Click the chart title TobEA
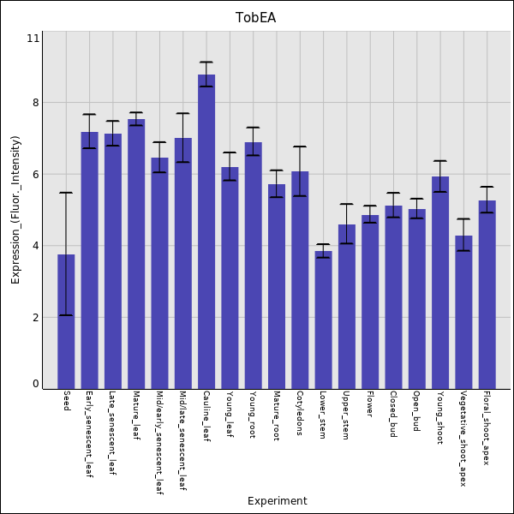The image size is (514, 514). (x=256, y=18)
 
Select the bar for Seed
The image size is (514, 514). (x=66, y=321)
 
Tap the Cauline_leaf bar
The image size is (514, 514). (x=206, y=231)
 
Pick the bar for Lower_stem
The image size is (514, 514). (x=323, y=320)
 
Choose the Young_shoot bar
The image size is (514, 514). (x=440, y=283)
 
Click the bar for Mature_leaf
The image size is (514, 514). (x=136, y=254)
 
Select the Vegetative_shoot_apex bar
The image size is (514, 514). (x=463, y=312)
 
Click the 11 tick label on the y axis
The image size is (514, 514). (x=33, y=39)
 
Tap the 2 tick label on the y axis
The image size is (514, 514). (x=34, y=318)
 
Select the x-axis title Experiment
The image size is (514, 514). (x=277, y=501)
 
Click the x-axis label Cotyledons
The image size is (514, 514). (x=300, y=414)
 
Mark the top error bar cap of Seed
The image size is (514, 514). (x=66, y=193)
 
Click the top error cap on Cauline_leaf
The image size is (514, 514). (x=206, y=63)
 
